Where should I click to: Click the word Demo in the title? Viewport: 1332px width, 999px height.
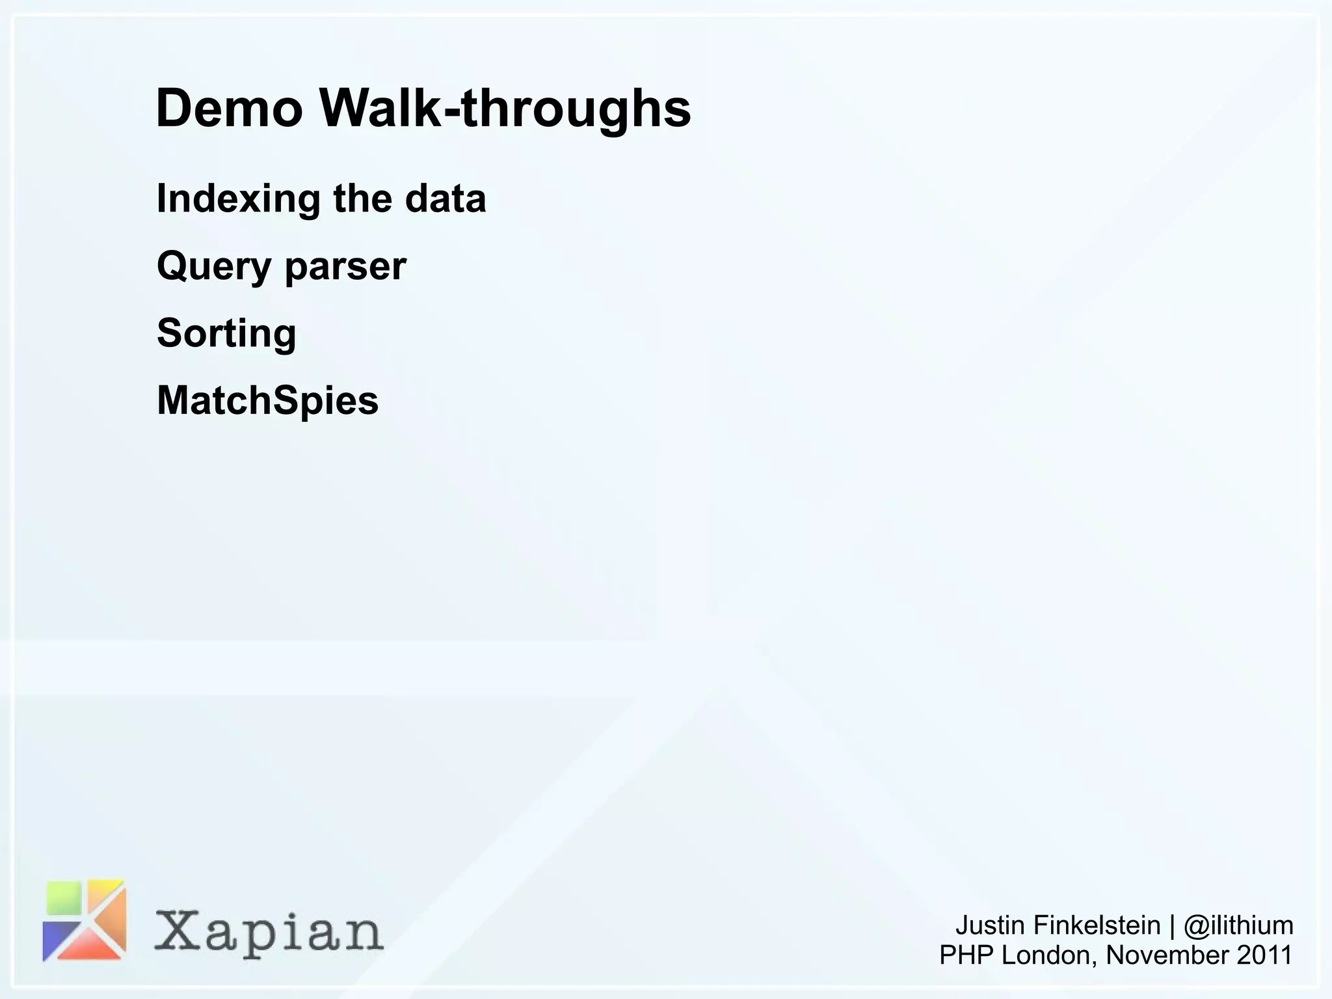pyautogui.click(x=229, y=108)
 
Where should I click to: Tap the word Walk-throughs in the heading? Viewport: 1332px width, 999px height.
pyautogui.click(x=505, y=108)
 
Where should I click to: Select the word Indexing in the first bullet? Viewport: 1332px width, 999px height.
pyautogui.click(x=238, y=198)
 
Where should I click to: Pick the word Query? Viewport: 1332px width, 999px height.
pyautogui.click(x=214, y=267)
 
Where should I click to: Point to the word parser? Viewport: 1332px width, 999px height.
pyautogui.click(x=345, y=267)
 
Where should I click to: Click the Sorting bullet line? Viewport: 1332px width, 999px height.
pyautogui.click(x=226, y=333)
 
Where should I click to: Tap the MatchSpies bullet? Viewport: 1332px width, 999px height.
pyautogui.click(x=267, y=400)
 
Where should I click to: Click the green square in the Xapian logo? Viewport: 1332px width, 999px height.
pyautogui.click(x=64, y=898)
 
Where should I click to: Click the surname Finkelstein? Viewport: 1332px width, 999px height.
pyautogui.click(x=1097, y=925)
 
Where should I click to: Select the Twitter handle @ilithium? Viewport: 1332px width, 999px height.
pyautogui.click(x=1238, y=925)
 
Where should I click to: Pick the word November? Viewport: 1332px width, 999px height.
pyautogui.click(x=1167, y=955)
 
